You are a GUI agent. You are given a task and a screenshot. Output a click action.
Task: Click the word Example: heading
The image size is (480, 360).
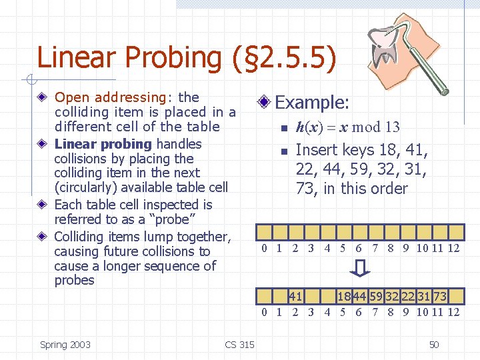click(312, 103)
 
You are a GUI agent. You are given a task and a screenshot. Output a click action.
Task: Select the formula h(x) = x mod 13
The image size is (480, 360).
click(347, 127)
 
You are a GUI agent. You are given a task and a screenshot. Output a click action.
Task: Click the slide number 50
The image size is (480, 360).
click(434, 345)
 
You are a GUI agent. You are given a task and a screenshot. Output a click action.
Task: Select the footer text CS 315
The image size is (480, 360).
click(239, 345)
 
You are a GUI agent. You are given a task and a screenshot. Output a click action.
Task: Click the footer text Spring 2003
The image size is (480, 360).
click(65, 345)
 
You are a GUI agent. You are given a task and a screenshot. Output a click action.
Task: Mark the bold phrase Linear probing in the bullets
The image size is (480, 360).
click(103, 144)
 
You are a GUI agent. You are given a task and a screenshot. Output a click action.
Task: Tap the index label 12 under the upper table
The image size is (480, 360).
click(453, 249)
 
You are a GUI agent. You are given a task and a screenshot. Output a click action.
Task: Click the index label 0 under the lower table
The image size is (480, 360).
click(265, 312)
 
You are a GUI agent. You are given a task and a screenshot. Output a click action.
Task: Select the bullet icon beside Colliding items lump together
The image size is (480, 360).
click(43, 237)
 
